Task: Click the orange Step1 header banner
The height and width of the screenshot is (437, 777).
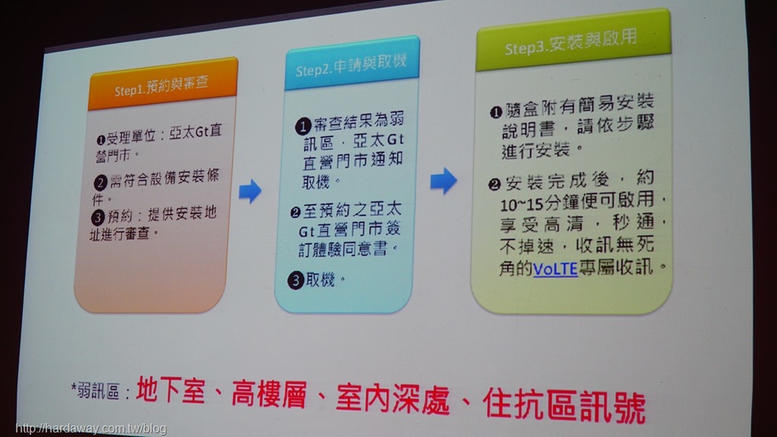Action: tap(162, 84)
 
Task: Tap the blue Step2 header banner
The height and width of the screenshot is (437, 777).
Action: tap(352, 64)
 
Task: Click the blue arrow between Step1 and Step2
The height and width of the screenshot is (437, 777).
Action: tap(250, 190)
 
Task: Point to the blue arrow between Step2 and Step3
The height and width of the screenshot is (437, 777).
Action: tap(443, 181)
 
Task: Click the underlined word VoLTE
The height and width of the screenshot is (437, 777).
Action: tap(555, 269)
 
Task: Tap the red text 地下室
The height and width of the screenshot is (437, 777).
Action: tap(171, 390)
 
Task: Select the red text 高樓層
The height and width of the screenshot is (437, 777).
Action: tap(269, 394)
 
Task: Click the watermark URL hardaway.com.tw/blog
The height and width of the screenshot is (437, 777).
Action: tap(91, 429)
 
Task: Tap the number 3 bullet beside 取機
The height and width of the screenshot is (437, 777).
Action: tap(295, 281)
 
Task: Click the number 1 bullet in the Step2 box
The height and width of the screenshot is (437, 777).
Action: tap(303, 127)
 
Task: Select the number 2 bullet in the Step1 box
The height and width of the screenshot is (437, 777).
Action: tap(100, 183)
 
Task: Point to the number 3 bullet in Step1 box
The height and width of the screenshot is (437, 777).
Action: tap(98, 217)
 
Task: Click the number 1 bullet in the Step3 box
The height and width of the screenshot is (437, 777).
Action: tap(496, 112)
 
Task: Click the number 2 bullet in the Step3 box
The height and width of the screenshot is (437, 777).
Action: tap(494, 185)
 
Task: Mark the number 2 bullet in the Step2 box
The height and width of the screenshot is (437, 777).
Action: tap(295, 212)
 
